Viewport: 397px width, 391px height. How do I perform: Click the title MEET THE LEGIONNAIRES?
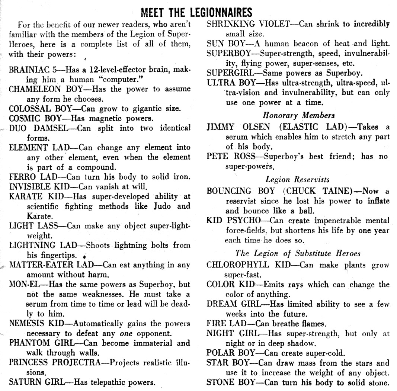tap(196, 12)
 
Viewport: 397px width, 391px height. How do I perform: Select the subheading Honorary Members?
tap(298, 115)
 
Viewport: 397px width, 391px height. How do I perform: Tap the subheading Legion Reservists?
tap(298, 180)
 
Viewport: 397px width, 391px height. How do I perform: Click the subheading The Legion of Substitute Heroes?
tap(298, 254)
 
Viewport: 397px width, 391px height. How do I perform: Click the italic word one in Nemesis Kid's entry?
tap(126, 333)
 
